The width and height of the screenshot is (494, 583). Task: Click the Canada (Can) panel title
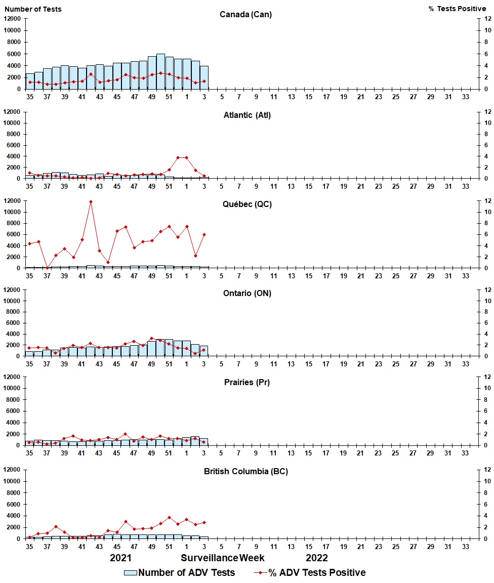coord(245,14)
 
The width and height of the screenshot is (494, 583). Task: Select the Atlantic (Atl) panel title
coord(247,115)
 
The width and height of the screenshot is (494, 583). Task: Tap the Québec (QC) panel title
coord(247,204)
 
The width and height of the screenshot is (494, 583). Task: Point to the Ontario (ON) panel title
coord(247,294)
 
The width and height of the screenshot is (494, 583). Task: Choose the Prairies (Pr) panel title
coord(247,382)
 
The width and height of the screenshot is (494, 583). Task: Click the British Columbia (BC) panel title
coord(246,471)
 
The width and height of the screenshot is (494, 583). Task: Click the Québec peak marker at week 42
coord(91,202)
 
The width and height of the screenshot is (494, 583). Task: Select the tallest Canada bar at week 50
coord(160,71)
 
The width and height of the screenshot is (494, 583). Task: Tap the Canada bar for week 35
coord(29,81)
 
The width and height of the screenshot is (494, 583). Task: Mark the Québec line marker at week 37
coord(47,268)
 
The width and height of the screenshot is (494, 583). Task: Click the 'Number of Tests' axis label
coord(33,9)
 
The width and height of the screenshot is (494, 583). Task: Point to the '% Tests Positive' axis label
coord(457,9)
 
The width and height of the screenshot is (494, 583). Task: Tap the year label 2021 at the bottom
coord(121,558)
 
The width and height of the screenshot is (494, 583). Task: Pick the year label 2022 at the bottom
coord(317,558)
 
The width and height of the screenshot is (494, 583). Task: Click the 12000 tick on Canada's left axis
coord(12,19)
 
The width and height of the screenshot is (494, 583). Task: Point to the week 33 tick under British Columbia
coord(465,547)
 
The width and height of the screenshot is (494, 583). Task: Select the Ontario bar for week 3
coord(204,351)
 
